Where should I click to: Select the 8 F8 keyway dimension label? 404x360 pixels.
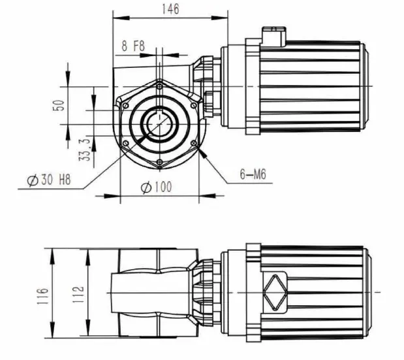[134, 46]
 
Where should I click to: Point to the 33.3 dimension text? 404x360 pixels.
[84, 149]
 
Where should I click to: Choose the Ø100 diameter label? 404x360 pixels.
[157, 187]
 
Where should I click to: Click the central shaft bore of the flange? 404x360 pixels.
[159, 123]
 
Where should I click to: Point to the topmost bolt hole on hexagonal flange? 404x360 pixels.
[159, 84]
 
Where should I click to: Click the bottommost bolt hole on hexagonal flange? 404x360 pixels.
[159, 162]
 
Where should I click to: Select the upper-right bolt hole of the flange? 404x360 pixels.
[193, 103]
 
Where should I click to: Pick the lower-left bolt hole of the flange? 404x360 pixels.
[125, 142]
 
